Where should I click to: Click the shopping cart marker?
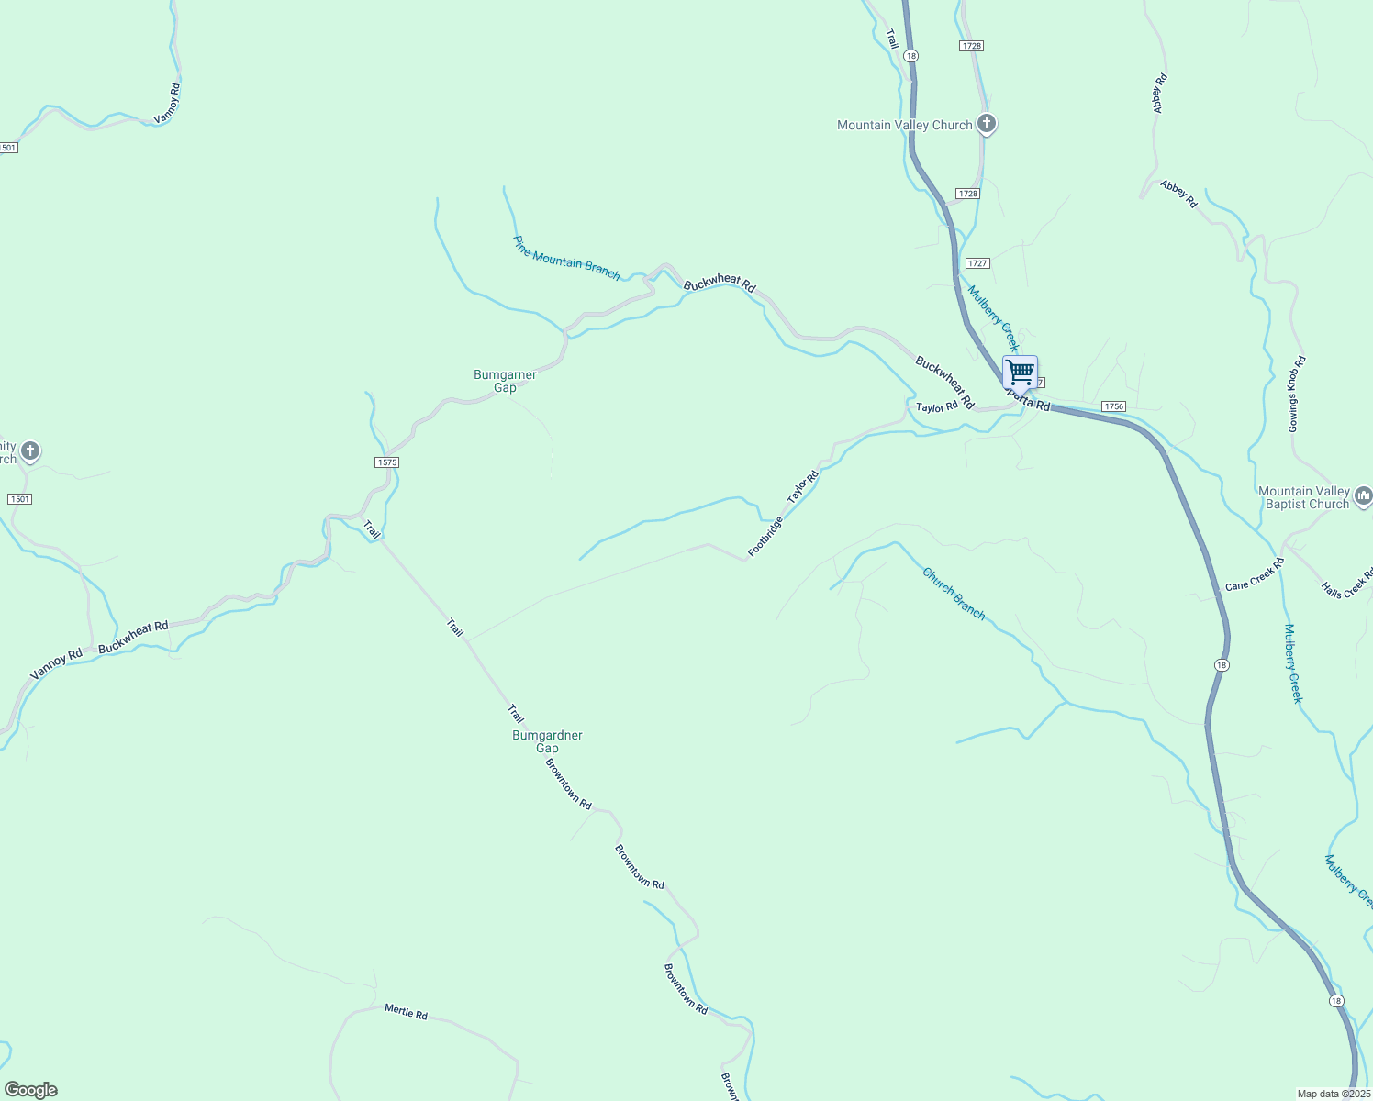click(1020, 373)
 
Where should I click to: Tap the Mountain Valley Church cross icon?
click(987, 123)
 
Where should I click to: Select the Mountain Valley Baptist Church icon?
click(1363, 497)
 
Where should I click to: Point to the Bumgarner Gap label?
click(505, 381)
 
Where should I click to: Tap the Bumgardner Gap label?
click(547, 741)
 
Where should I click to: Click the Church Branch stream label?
click(954, 594)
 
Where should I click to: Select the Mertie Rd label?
click(406, 1013)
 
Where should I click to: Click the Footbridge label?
click(765, 537)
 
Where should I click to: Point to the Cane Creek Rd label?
click(1254, 574)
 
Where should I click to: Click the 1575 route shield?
click(387, 462)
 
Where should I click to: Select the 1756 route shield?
click(1113, 406)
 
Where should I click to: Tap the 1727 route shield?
click(977, 263)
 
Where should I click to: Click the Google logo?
click(30, 1090)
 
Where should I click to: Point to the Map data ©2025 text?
click(1334, 1094)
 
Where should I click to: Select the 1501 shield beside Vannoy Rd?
click(7, 148)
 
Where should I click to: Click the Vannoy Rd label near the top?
click(168, 104)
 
